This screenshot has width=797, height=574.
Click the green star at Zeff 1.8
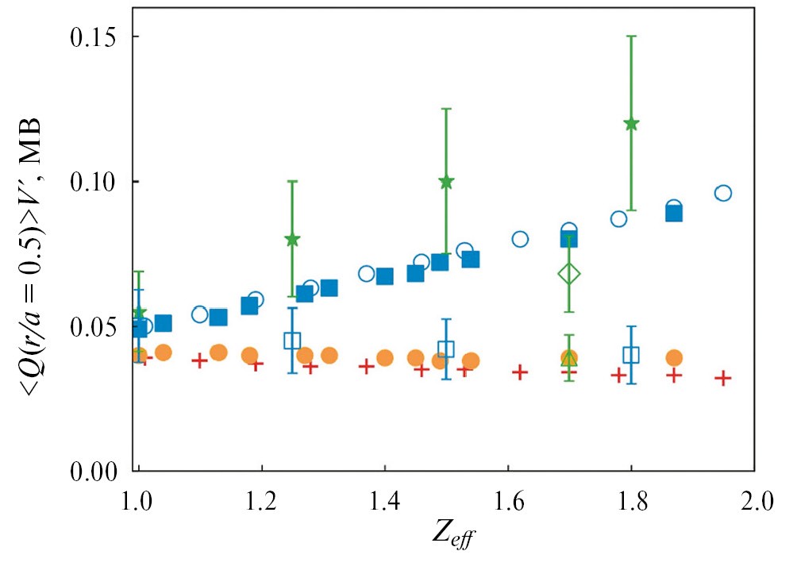(x=631, y=123)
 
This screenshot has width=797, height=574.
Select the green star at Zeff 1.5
(x=446, y=181)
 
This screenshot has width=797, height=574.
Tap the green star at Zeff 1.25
(x=292, y=239)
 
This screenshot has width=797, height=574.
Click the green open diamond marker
(x=569, y=274)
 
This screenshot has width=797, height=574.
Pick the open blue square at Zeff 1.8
(x=631, y=355)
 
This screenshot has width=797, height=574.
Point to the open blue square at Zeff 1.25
(x=292, y=341)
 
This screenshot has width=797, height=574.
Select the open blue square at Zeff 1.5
(x=446, y=349)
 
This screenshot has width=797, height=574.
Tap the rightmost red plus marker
(x=722, y=378)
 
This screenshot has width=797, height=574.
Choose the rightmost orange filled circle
(x=674, y=358)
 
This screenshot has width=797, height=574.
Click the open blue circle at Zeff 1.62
(x=520, y=239)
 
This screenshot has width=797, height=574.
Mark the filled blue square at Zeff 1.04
(x=164, y=323)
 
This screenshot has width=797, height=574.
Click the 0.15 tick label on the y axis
(x=94, y=37)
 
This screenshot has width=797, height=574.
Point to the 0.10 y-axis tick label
(x=94, y=182)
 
